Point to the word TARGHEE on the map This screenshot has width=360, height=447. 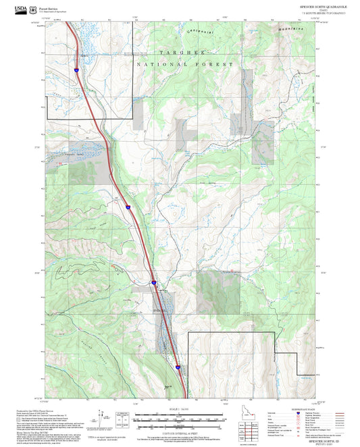point(180,51)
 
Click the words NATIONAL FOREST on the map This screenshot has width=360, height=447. point(184,63)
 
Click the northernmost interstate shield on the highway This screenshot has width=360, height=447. point(77,69)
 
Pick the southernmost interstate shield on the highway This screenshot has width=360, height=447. point(178,367)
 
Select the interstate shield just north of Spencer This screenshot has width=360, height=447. point(154,282)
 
